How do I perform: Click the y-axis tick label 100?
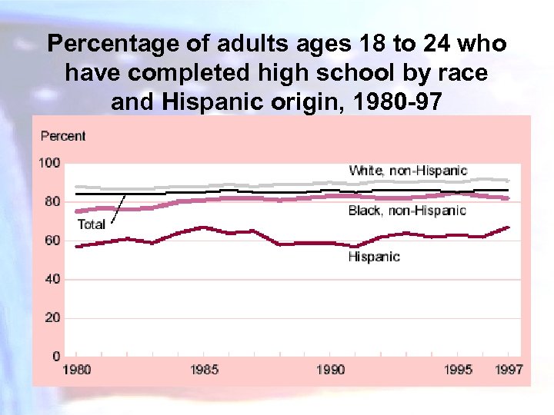click(50, 163)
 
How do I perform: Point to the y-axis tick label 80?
click(52, 201)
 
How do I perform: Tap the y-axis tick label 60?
click(52, 241)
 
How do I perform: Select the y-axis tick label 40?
click(52, 279)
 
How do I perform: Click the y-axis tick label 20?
click(52, 317)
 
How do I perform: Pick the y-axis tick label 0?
click(56, 356)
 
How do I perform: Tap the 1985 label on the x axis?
click(204, 370)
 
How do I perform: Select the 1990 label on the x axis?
click(331, 370)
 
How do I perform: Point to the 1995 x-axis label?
click(459, 370)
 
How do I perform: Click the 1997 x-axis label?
click(509, 370)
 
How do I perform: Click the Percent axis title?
click(63, 136)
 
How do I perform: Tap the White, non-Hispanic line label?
click(408, 171)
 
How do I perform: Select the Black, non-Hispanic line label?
click(407, 211)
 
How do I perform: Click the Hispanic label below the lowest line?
click(374, 257)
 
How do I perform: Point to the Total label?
click(92, 224)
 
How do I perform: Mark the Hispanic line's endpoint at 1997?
click(509, 227)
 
